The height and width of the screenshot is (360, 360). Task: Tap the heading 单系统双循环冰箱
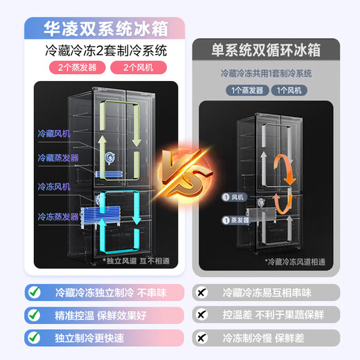267,51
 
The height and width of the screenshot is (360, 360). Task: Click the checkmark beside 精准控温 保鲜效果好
33,315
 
